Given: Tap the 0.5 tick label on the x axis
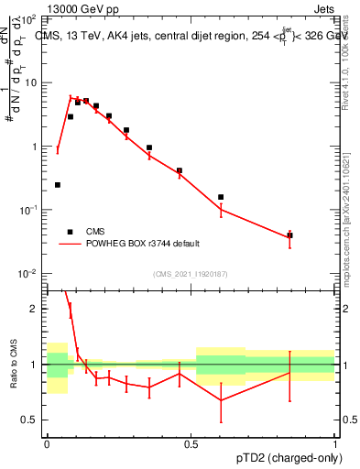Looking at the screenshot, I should [191, 444].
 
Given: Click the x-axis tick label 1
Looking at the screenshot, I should [335, 444].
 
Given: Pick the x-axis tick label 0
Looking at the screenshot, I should [47, 444].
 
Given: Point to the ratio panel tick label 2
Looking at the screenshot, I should [35, 309].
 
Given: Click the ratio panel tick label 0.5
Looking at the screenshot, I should [30, 420].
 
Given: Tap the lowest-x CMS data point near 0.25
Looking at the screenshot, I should [58, 185].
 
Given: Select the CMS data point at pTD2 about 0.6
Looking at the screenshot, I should [221, 197].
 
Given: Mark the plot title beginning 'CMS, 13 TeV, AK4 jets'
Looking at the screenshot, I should [183, 36].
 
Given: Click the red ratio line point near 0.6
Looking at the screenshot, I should [221, 400].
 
